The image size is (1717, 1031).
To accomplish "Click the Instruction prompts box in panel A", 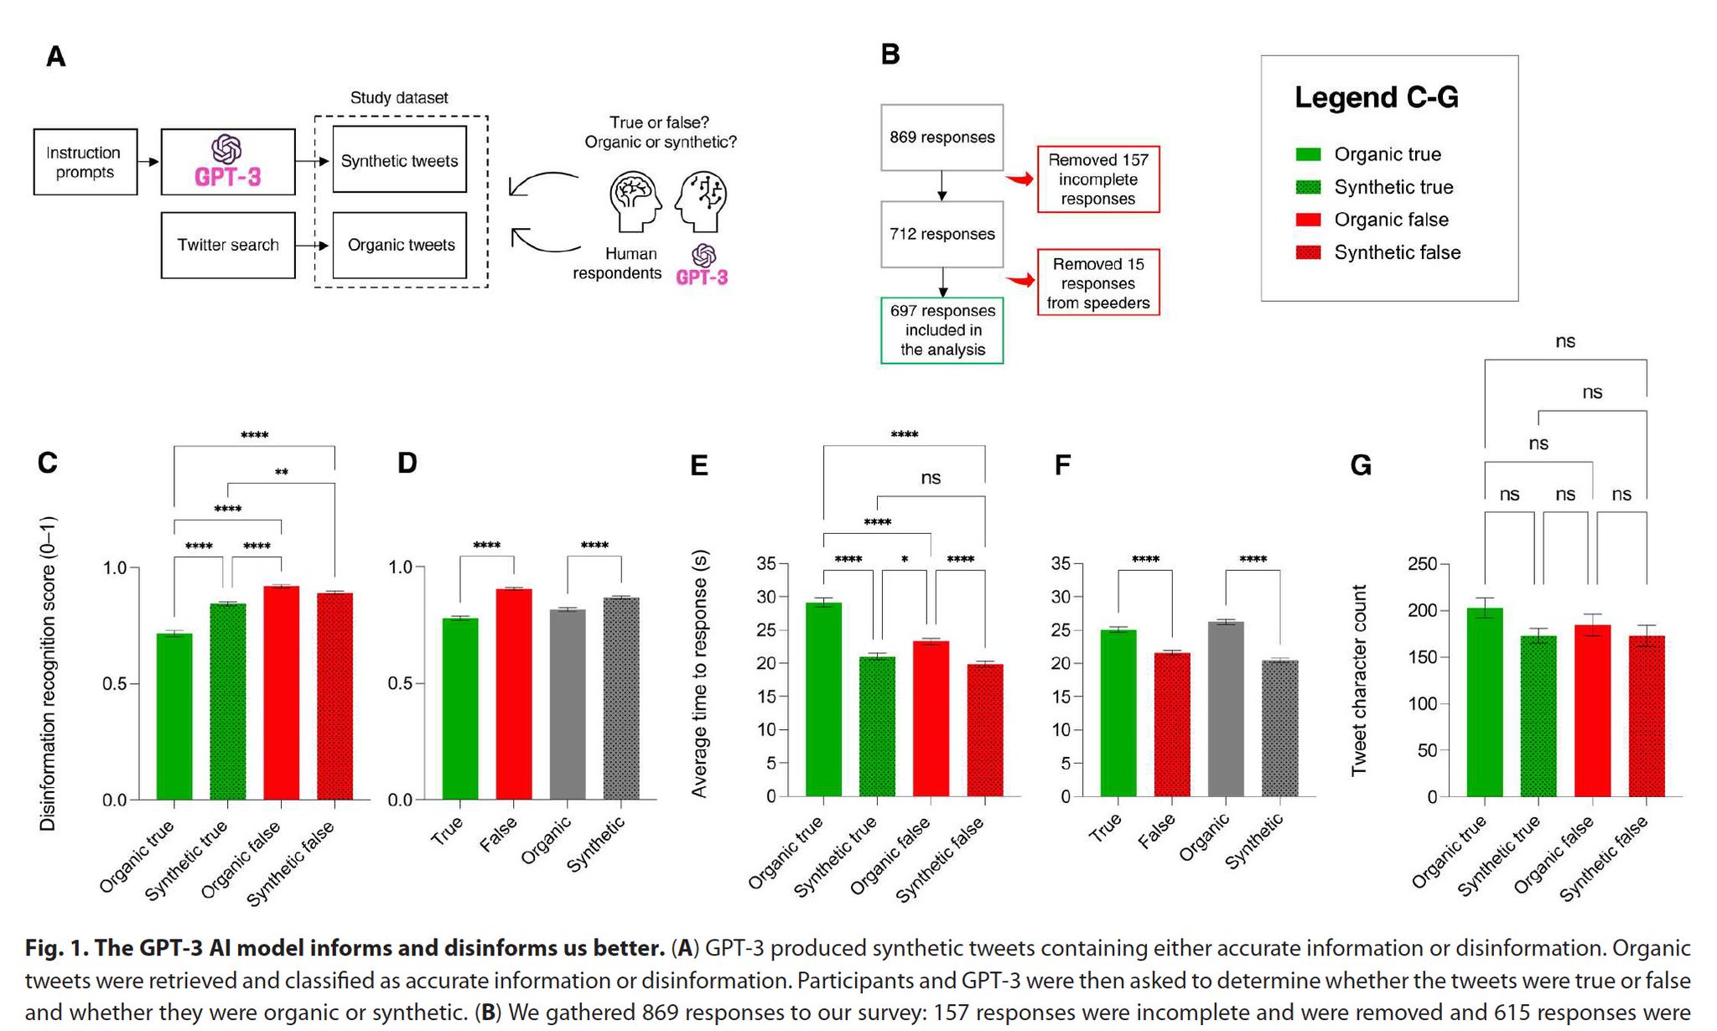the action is coord(86,162).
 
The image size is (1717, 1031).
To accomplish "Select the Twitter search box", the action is coord(228,245).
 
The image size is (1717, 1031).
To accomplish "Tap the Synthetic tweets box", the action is coord(400,159).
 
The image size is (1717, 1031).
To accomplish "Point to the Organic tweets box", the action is coord(400,245).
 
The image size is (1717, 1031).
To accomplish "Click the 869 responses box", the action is coord(942,137).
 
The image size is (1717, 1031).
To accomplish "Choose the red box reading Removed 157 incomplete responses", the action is coord(1098,179).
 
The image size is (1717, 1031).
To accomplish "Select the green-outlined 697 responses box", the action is coord(942,330).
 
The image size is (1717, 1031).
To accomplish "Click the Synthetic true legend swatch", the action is coord(1308,187).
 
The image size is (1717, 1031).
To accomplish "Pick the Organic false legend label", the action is coord(1392,220).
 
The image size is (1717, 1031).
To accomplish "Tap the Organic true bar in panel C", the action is coord(174,717).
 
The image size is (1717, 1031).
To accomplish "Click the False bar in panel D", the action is coord(514,694).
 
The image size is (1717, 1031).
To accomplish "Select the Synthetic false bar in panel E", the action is coord(985,730).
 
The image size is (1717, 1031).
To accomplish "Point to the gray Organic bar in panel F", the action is coord(1226,709).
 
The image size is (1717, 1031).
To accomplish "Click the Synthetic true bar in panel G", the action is coord(1538,716).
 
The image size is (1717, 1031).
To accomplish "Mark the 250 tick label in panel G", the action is coord(1423,564).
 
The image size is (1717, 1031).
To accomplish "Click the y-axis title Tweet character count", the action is coord(1359,681).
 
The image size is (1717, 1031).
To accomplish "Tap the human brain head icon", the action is coord(635,201).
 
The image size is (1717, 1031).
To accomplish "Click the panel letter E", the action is coord(699,465).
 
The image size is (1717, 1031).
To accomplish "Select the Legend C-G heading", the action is coord(1377,97).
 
